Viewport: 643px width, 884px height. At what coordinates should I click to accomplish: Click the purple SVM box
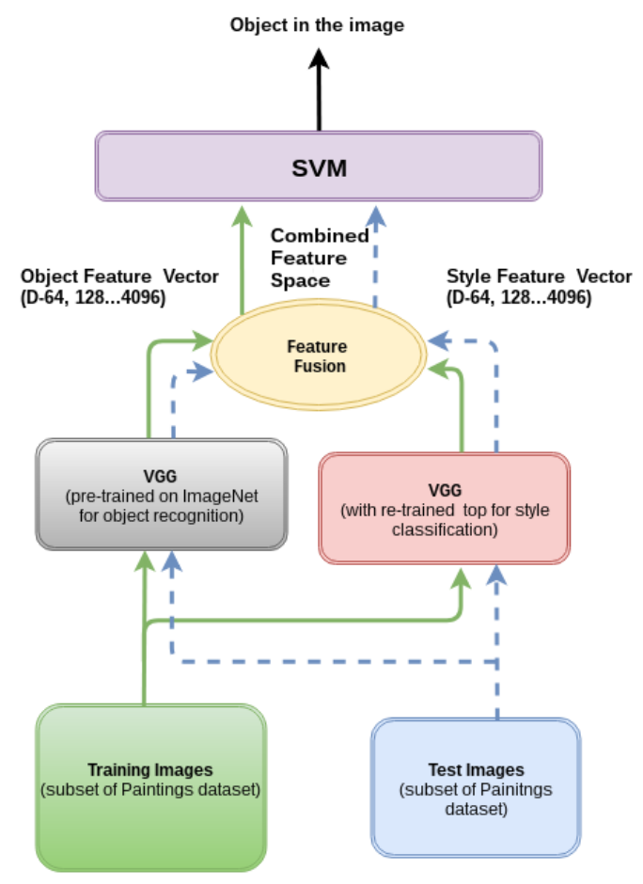319,166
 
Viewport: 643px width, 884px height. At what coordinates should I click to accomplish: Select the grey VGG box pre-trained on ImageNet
161,495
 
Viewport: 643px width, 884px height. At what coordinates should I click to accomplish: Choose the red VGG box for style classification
445,508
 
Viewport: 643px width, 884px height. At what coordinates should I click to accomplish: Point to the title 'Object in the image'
317,25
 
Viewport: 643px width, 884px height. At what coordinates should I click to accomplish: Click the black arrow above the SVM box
319,89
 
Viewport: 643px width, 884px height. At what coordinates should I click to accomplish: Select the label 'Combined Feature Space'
320,256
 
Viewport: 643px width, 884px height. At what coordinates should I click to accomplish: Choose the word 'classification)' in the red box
445,529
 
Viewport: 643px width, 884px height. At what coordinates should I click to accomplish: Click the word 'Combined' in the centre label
320,236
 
